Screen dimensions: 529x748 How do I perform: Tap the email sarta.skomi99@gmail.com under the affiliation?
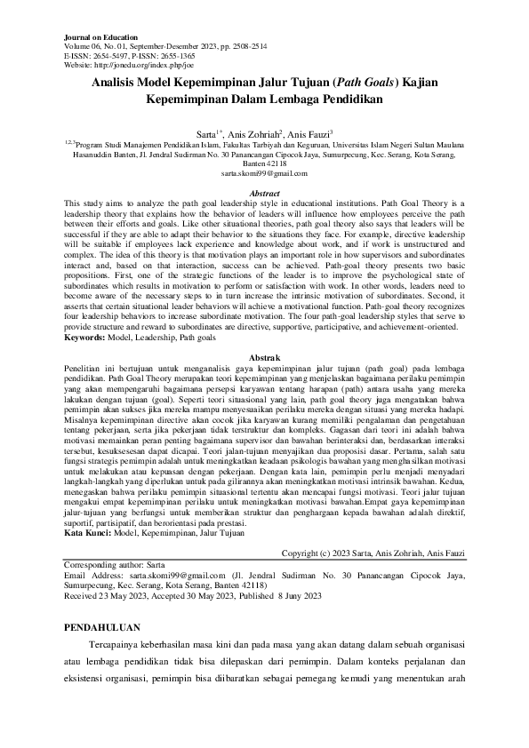[x=264, y=173]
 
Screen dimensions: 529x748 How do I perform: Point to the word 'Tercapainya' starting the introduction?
[x=117, y=643]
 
